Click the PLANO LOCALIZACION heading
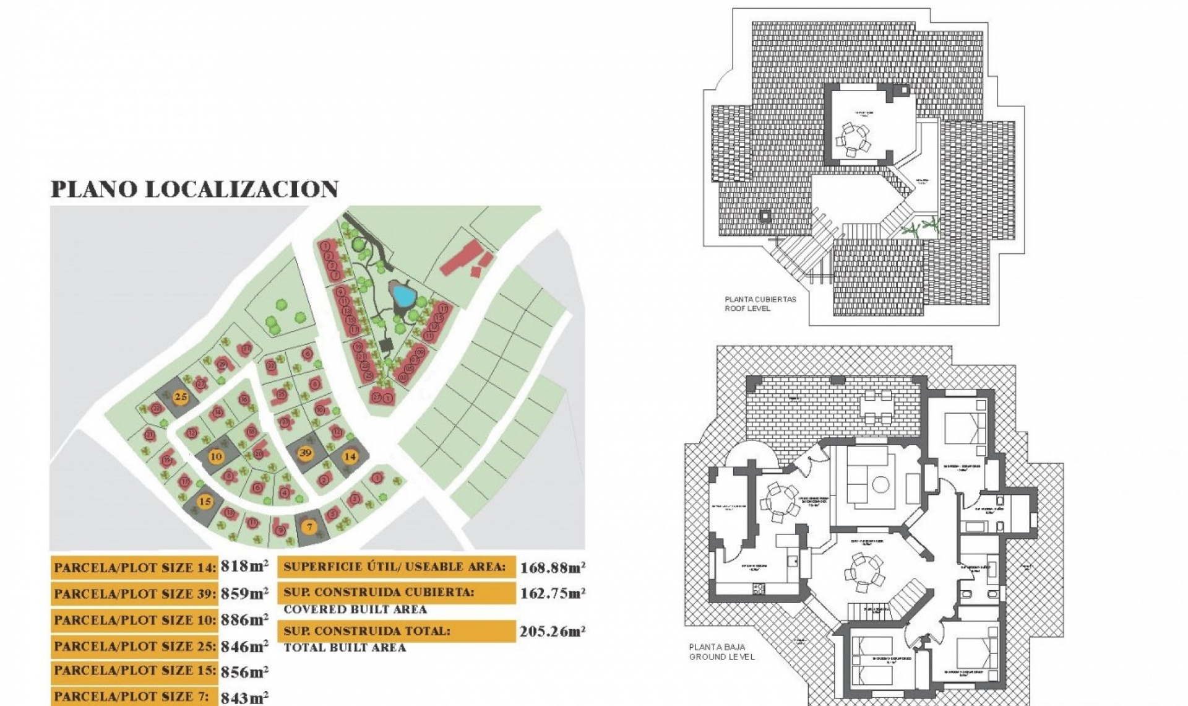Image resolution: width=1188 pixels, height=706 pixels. pyautogui.click(x=194, y=190)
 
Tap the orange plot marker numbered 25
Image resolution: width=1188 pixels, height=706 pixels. pyautogui.click(x=181, y=397)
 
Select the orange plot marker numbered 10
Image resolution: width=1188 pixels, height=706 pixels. pyautogui.click(x=216, y=456)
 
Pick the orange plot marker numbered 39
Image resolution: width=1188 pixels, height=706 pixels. pyautogui.click(x=305, y=453)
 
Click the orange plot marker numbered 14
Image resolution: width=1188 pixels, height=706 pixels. pyautogui.click(x=350, y=456)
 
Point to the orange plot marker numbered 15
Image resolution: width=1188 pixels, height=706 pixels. pyautogui.click(x=205, y=502)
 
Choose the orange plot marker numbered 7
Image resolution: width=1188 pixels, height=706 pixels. pyautogui.click(x=309, y=527)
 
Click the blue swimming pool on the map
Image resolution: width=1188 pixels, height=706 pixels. pyautogui.click(x=403, y=295)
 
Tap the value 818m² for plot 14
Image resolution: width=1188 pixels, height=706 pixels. pyautogui.click(x=244, y=566)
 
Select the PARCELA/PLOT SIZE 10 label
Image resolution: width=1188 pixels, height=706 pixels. pyautogui.click(x=135, y=620)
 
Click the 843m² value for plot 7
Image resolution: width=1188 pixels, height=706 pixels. pyautogui.click(x=244, y=697)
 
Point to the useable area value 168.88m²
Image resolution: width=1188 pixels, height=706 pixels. pyautogui.click(x=553, y=567)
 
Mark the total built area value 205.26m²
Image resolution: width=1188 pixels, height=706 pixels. pyautogui.click(x=553, y=632)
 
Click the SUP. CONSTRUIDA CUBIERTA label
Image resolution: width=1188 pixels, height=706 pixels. pyautogui.click(x=379, y=593)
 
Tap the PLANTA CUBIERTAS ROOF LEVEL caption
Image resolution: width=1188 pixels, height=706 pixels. pyautogui.click(x=760, y=303)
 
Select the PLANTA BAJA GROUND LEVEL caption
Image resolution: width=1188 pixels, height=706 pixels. pyautogui.click(x=721, y=652)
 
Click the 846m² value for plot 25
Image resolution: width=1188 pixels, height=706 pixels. pyautogui.click(x=244, y=647)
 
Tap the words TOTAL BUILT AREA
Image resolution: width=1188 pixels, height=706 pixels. pyautogui.click(x=345, y=648)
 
